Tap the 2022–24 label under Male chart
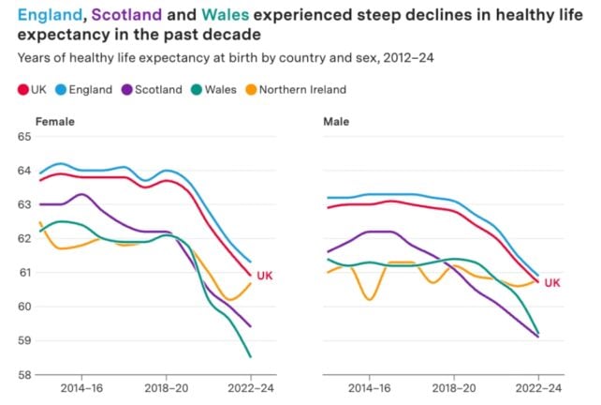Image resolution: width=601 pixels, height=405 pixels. coord(539,386)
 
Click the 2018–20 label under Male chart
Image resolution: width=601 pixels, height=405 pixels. coord(454,386)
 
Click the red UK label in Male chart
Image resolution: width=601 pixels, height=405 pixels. coord(551,282)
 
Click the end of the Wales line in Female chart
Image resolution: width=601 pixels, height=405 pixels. coord(250,356)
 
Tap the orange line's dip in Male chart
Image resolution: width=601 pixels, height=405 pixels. coord(370,299)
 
